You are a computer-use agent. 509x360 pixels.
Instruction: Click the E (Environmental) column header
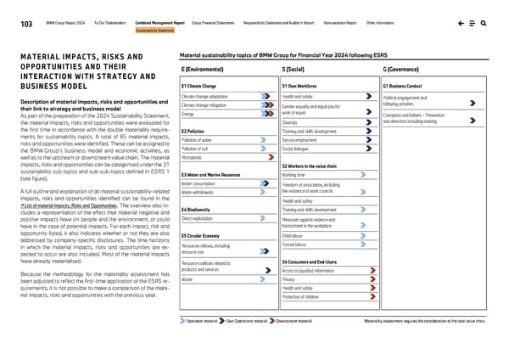[x=203, y=68]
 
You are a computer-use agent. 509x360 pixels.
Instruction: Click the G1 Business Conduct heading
[x=404, y=86]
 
